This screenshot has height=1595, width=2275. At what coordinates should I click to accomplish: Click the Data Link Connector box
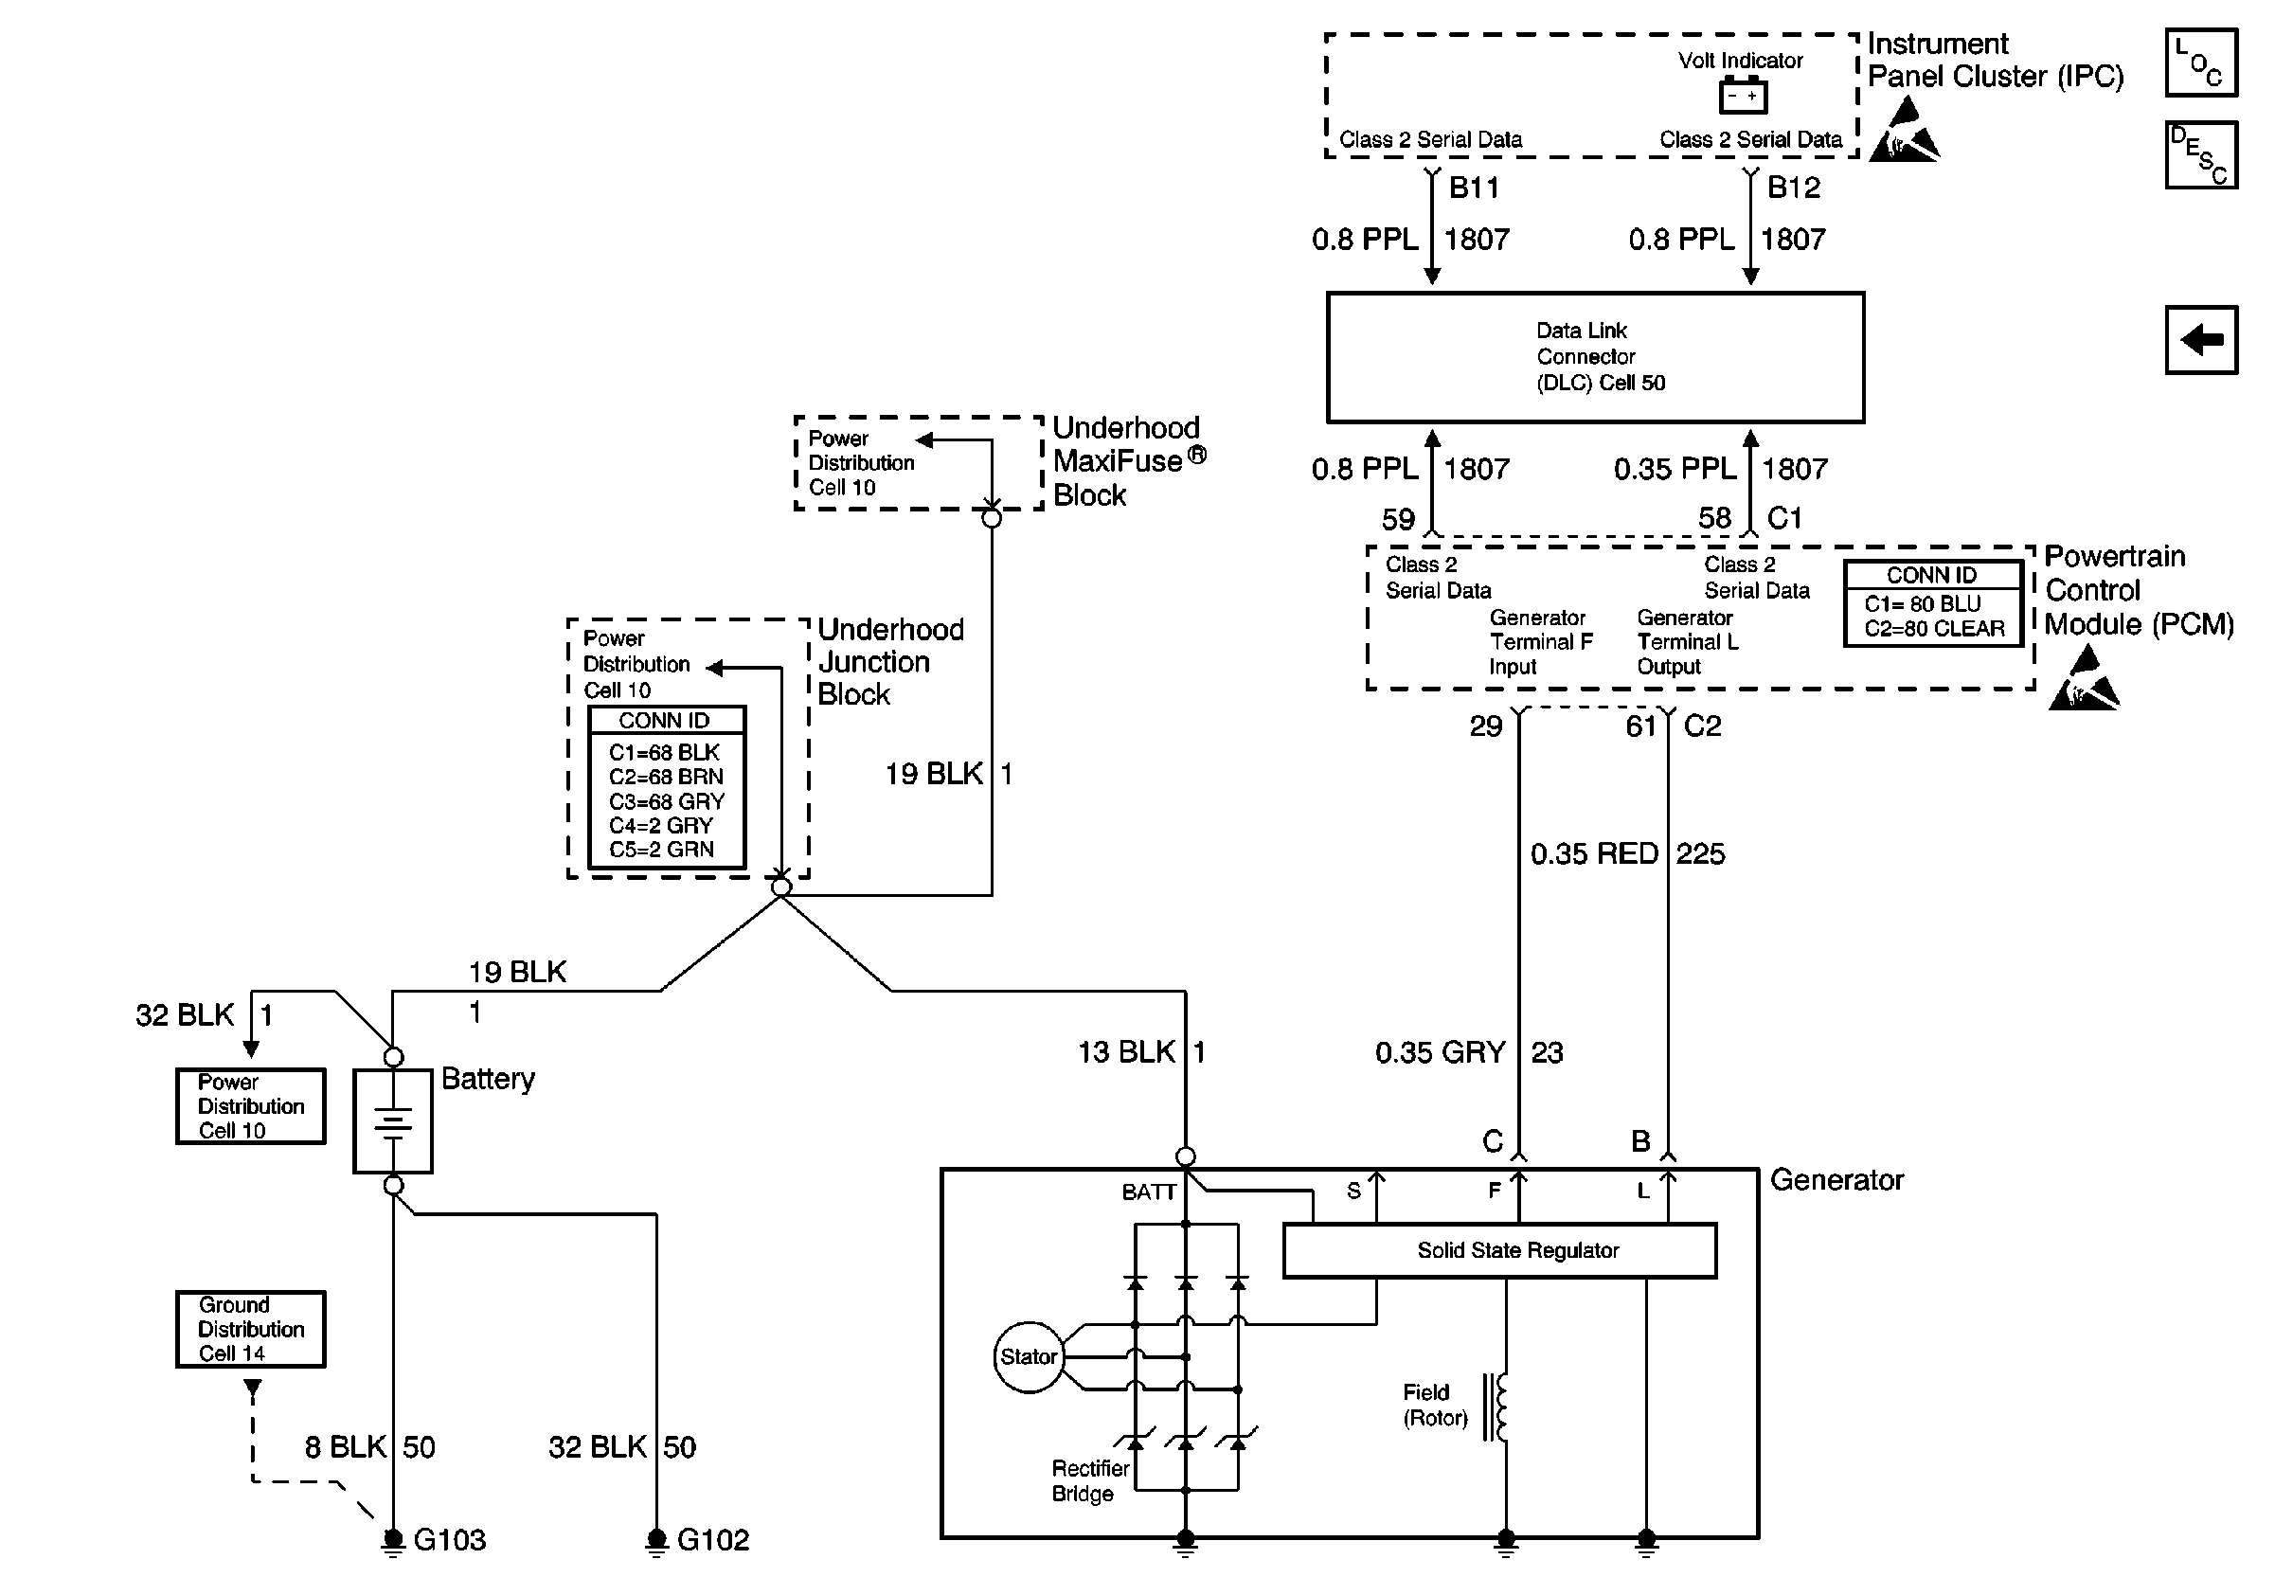(1595, 358)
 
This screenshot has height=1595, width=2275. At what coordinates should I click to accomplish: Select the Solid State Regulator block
(1499, 1250)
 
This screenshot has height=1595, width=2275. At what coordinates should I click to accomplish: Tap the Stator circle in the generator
(1029, 1356)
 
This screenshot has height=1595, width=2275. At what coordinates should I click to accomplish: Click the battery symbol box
(393, 1120)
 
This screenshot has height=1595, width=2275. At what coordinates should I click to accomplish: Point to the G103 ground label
(449, 1539)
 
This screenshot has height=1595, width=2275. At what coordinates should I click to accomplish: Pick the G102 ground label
(712, 1539)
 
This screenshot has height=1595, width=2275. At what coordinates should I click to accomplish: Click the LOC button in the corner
(2201, 63)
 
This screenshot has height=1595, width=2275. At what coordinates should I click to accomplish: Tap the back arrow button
(2201, 340)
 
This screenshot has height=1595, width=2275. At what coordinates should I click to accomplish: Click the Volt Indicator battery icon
(1742, 96)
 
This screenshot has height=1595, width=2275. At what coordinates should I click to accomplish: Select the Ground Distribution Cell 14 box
(251, 1329)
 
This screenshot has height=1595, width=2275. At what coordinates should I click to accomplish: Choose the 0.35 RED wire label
(1593, 853)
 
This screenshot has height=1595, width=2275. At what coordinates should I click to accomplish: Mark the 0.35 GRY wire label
(1440, 1052)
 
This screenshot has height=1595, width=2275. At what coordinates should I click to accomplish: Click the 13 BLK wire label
(1126, 1052)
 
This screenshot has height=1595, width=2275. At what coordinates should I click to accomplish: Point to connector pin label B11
(1474, 188)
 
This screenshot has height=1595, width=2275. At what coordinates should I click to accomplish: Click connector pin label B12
(1794, 188)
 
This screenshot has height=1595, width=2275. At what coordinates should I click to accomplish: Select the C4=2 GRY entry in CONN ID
(661, 825)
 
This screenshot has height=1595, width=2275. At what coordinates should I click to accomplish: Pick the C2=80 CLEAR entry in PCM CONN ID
(1934, 629)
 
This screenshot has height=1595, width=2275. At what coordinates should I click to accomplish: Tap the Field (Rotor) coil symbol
(1497, 1407)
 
